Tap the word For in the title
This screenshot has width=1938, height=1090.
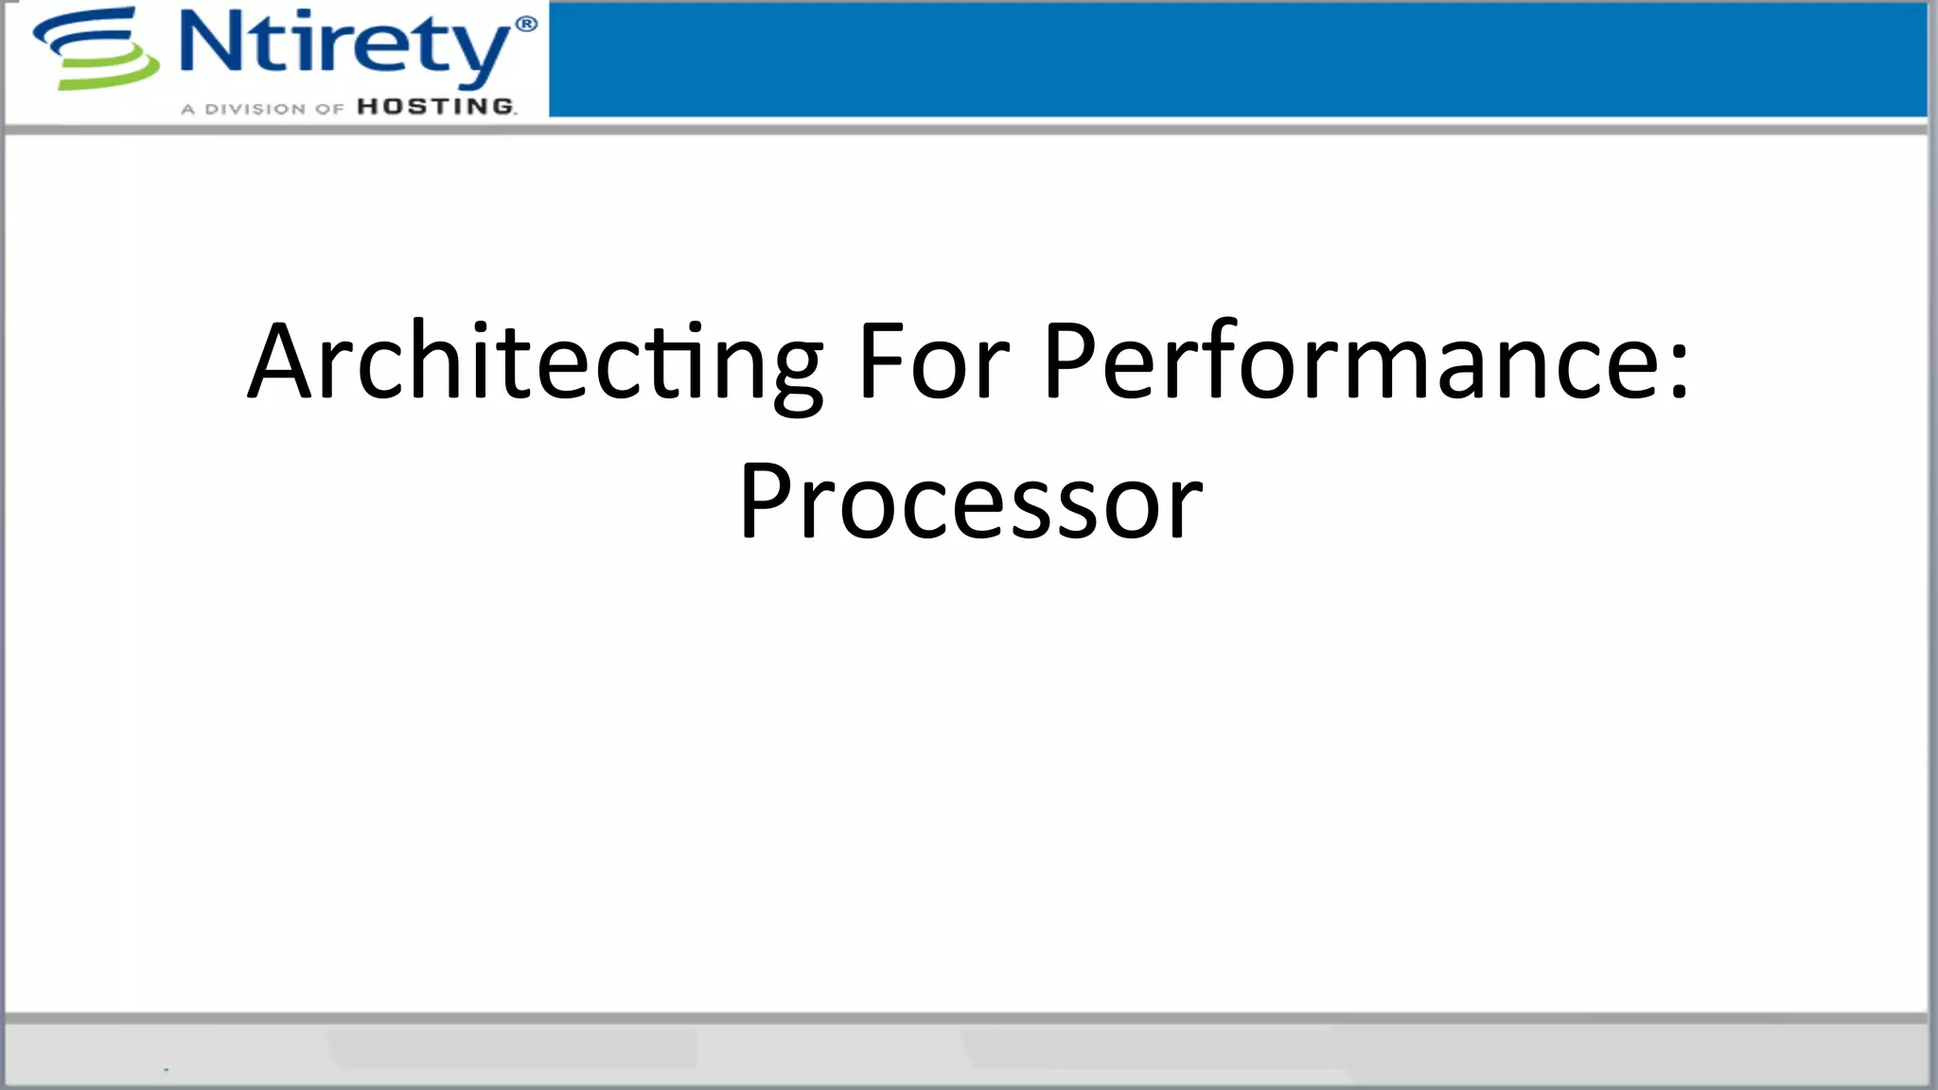pos(933,362)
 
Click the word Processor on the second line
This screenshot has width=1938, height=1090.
pos(970,501)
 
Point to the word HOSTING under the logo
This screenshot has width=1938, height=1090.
pos(435,107)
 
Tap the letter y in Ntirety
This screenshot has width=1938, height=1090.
pos(483,52)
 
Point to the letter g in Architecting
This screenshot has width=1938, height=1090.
pos(798,374)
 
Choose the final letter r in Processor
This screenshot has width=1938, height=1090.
pos(1184,510)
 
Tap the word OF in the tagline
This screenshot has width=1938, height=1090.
pos(329,109)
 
